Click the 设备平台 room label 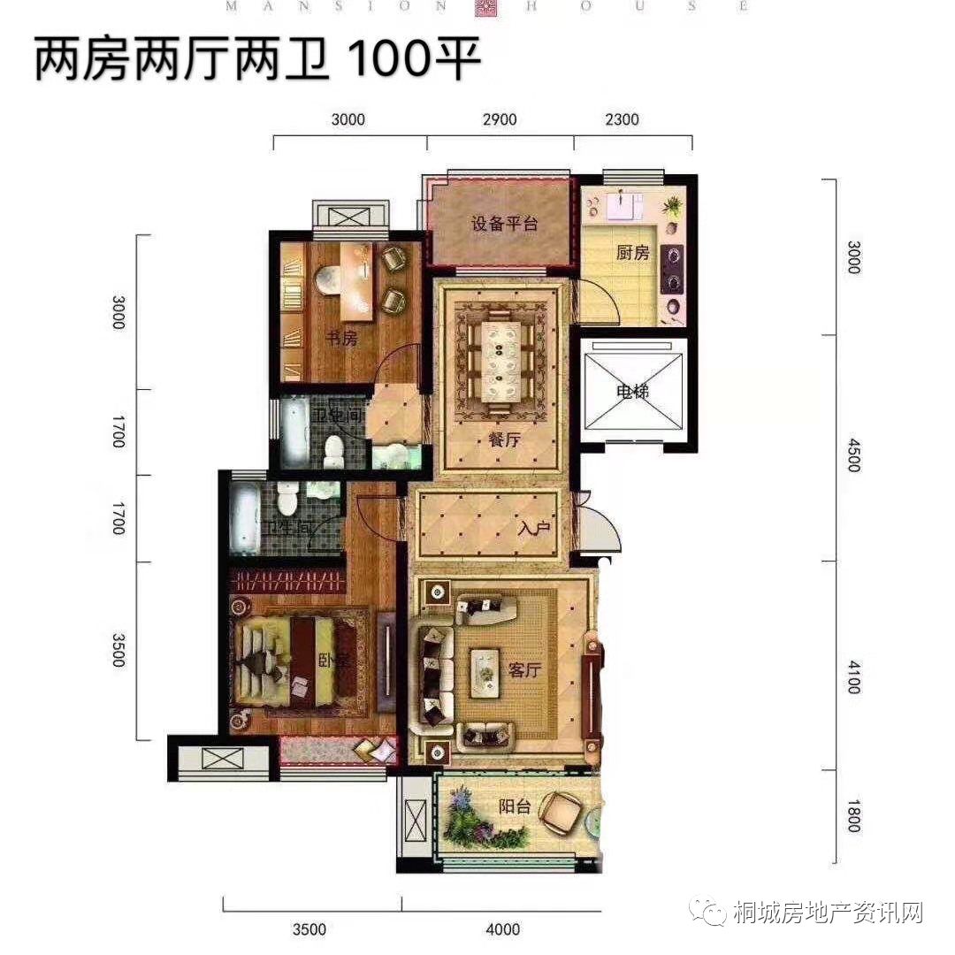coord(504,223)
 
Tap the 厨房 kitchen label coord(633,253)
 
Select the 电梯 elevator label coord(634,392)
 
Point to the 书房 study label coord(340,338)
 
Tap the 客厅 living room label coord(523,669)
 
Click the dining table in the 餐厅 coord(501,362)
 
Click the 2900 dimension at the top coord(500,120)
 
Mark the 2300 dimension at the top coord(622,120)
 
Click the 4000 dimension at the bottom coord(503,929)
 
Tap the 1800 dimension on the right coord(852,815)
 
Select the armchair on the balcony coord(562,810)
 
